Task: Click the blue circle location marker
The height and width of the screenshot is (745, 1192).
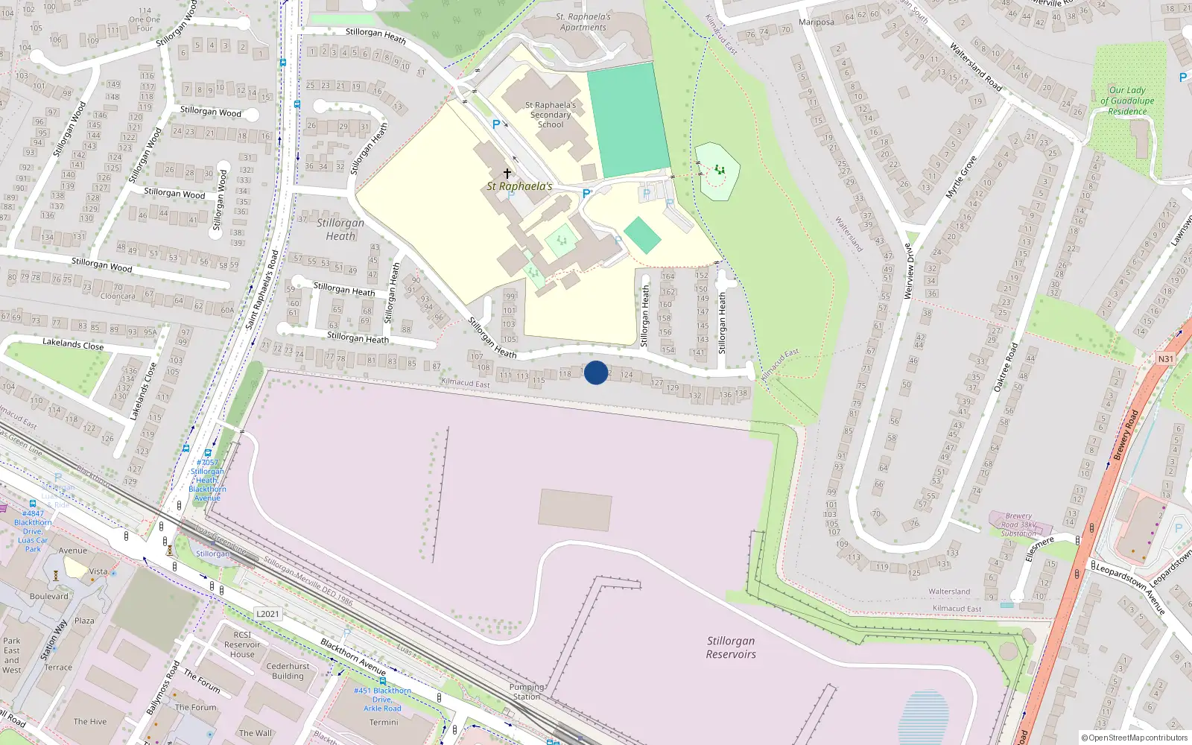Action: (596, 372)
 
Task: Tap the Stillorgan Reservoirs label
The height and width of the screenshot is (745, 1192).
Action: (731, 647)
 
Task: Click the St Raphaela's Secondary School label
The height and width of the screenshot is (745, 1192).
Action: (551, 115)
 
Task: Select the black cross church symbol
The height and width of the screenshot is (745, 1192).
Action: (507, 173)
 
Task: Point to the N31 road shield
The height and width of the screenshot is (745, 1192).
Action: (1165, 358)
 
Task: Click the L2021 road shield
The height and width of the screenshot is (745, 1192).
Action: (267, 614)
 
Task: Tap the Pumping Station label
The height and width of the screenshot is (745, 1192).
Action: (527, 691)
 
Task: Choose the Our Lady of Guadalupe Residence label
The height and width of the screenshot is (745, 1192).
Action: (1127, 101)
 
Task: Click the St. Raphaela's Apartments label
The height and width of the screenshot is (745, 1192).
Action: (583, 22)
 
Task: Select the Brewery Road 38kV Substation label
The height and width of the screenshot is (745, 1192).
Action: (1018, 524)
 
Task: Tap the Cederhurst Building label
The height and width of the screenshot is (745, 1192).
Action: (288, 671)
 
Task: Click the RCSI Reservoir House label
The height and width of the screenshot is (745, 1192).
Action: (242, 644)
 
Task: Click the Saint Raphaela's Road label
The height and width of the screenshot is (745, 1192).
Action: (261, 291)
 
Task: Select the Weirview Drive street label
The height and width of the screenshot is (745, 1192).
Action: (908, 271)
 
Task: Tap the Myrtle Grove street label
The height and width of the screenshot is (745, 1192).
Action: (961, 177)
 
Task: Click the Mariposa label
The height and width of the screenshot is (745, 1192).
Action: (817, 22)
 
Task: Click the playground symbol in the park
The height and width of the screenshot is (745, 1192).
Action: (719, 171)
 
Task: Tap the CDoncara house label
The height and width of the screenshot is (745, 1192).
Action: (118, 296)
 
